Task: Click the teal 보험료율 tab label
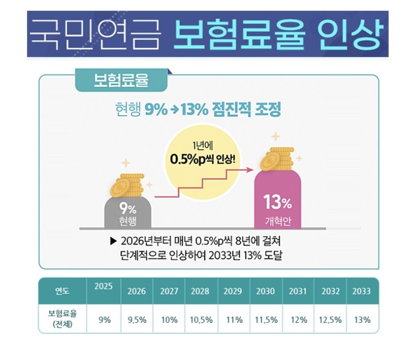point(121,80)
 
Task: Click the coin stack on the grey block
point(128,186)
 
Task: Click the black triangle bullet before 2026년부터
point(113,241)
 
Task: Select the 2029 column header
point(233,291)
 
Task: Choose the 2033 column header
point(362,291)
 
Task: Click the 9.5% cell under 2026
point(136,320)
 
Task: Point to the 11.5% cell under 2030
point(265,320)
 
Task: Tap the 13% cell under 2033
point(362,320)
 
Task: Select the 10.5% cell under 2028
point(201,320)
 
